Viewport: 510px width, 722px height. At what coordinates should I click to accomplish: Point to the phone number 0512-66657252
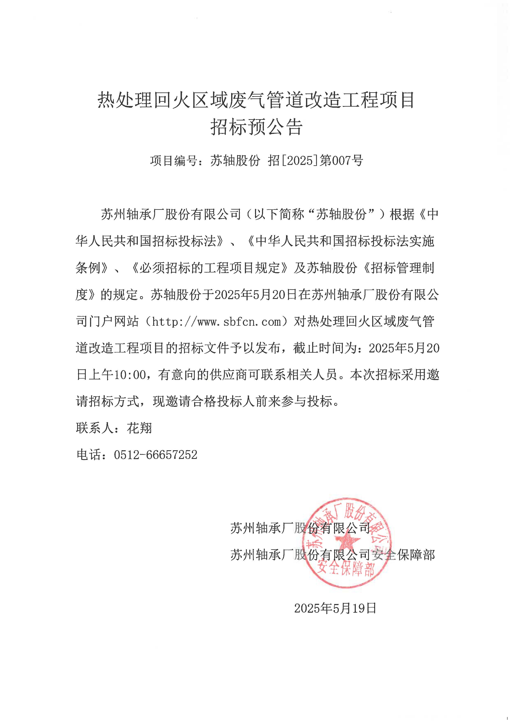[x=156, y=455]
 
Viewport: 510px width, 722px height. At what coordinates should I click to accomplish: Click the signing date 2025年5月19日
[x=335, y=609]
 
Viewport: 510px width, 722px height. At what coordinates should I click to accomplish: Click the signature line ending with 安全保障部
[x=333, y=555]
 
